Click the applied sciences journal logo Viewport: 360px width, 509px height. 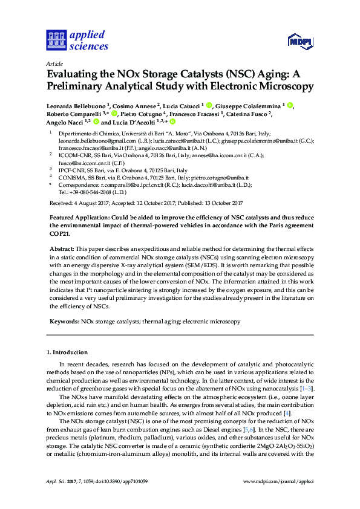pos(77,40)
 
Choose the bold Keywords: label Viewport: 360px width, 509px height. pos(64,322)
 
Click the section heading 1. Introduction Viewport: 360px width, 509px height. pos(67,352)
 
